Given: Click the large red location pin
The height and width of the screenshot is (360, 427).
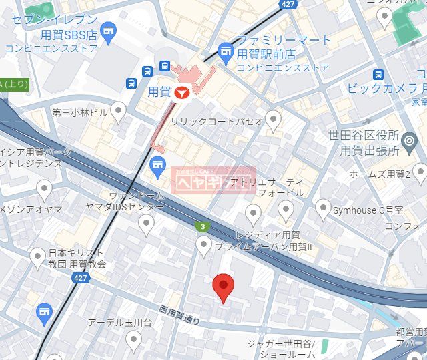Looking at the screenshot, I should pyautogui.click(x=223, y=287).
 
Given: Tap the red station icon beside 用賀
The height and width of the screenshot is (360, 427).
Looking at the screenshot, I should pyautogui.click(x=181, y=94).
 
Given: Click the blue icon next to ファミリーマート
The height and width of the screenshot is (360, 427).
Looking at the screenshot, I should pyautogui.click(x=226, y=50).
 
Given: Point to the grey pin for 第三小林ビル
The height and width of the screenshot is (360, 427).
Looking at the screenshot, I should pyautogui.click(x=119, y=111).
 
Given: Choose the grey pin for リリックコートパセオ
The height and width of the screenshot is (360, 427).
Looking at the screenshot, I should pyautogui.click(x=273, y=120).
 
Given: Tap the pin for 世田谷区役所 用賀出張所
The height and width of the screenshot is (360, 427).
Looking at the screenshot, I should pyautogui.click(x=410, y=140).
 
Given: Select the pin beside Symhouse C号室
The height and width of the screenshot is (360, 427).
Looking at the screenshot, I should pyautogui.click(x=323, y=208).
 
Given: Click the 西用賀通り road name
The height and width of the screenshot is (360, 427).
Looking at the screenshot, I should pyautogui.click(x=180, y=315).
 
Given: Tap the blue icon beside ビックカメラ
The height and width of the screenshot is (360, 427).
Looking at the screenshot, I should pyautogui.click(x=378, y=74).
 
